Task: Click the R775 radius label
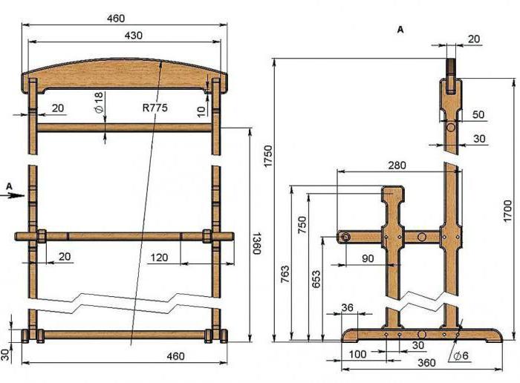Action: [155, 108]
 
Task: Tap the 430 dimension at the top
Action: [133, 35]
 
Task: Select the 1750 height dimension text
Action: [267, 156]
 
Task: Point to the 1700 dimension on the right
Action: [507, 211]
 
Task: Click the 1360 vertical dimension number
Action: [257, 243]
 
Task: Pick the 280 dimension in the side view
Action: [397, 165]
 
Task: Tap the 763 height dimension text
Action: [285, 274]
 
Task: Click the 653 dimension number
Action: [316, 279]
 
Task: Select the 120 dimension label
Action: [159, 258]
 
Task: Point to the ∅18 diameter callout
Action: [99, 102]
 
